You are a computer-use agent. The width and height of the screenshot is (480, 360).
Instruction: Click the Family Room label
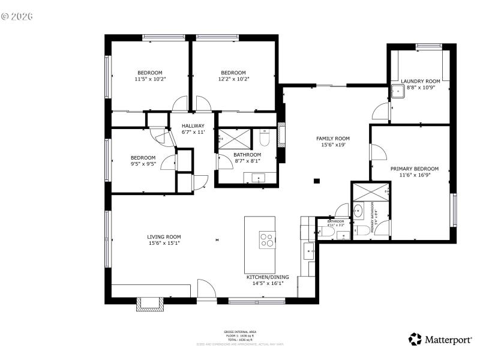(x=333, y=139)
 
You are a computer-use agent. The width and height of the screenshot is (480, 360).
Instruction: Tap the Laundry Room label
(x=420, y=81)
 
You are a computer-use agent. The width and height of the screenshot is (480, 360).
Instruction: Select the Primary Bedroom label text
(x=414, y=169)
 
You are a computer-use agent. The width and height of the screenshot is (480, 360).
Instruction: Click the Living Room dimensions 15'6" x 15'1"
(x=164, y=243)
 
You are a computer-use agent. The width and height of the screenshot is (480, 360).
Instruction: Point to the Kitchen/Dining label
(x=268, y=277)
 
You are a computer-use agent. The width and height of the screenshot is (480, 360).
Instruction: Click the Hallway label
(x=193, y=125)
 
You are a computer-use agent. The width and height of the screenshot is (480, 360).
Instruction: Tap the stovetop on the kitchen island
(x=267, y=239)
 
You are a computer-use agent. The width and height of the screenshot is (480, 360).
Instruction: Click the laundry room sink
(x=397, y=91)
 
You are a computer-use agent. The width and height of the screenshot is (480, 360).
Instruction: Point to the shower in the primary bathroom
(x=370, y=193)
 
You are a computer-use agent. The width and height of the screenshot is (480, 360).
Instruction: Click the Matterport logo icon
(x=415, y=340)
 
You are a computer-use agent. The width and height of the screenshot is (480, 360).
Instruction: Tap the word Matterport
(x=448, y=340)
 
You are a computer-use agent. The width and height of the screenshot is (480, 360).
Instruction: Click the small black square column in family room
(x=317, y=181)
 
